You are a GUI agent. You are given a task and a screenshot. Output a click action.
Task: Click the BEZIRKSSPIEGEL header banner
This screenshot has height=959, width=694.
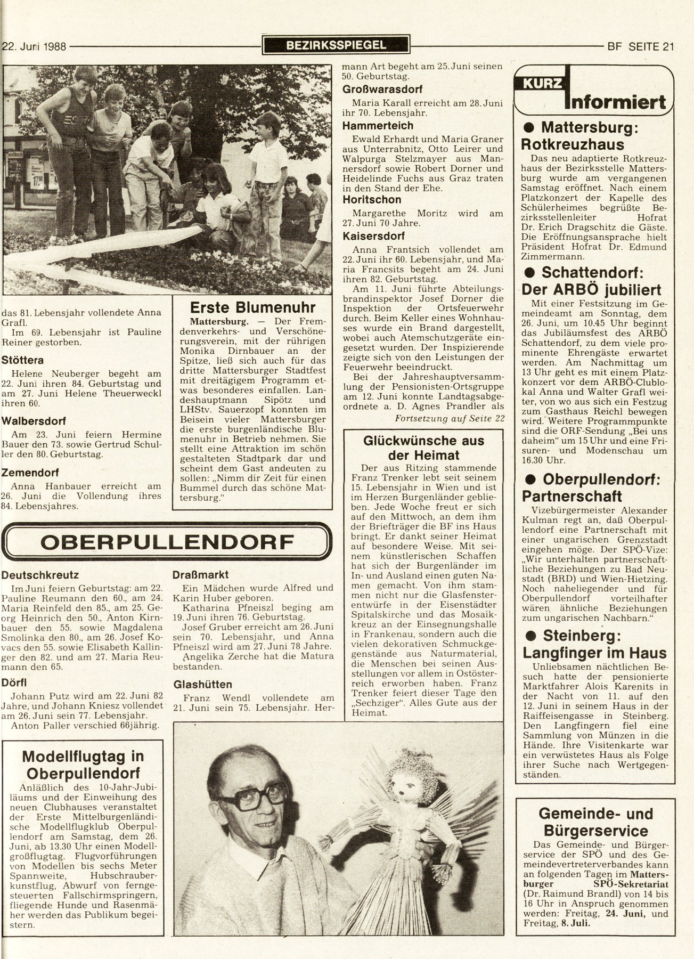[336, 45]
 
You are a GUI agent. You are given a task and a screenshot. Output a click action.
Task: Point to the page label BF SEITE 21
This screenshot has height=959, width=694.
[641, 46]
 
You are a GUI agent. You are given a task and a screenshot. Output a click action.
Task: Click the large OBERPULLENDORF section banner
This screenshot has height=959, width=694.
[167, 541]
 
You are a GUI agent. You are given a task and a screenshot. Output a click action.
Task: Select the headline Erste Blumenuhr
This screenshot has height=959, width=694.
[253, 307]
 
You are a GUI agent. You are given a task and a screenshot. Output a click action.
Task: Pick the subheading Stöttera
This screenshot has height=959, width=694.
[22, 361]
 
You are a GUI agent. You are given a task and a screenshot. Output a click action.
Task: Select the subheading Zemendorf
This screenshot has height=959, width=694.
[30, 473]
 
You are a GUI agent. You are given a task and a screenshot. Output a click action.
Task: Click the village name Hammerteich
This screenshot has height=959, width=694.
[378, 126]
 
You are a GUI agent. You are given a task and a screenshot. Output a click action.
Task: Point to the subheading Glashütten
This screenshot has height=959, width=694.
[203, 684]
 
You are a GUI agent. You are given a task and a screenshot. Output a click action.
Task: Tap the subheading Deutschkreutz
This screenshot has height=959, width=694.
[40, 575]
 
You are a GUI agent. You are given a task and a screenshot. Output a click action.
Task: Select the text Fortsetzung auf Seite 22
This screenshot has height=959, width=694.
[449, 418]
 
